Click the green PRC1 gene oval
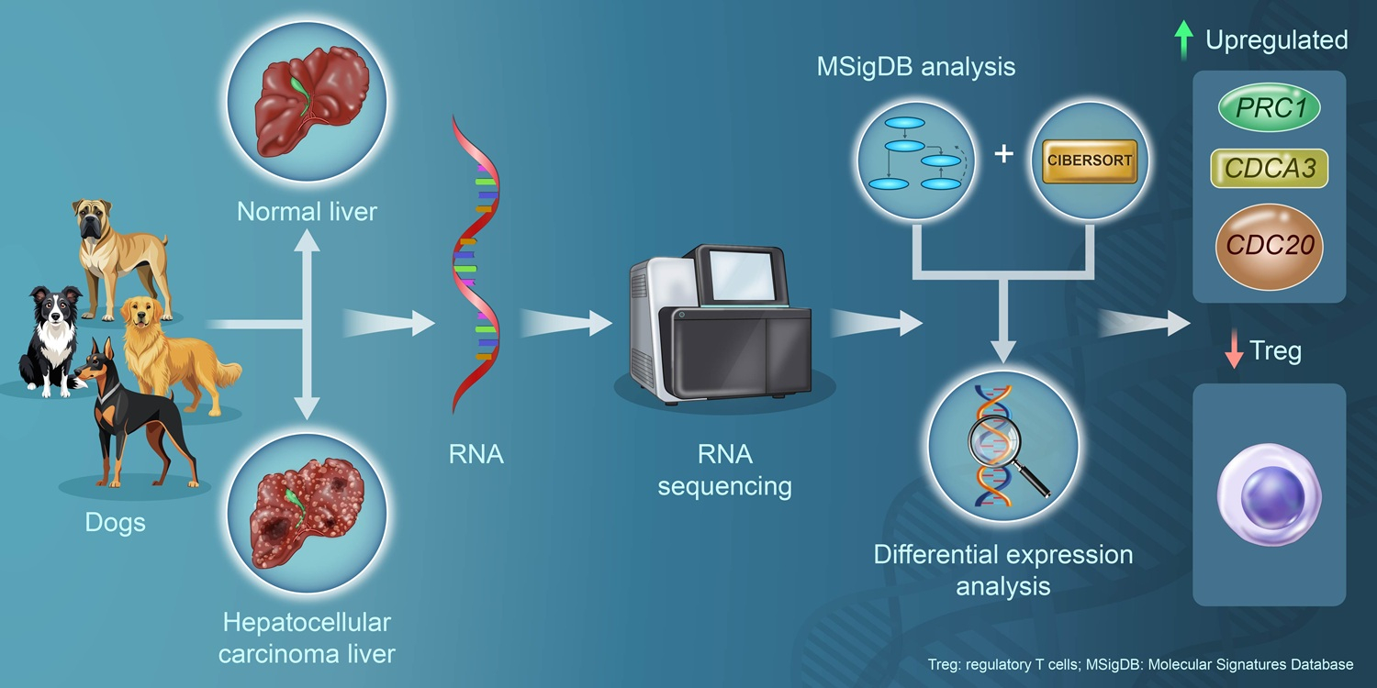coord(1269,108)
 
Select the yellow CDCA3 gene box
coord(1269,169)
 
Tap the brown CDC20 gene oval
coord(1269,245)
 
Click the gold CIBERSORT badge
coord(1090,160)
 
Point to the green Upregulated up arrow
coord(1184,40)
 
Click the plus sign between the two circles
coord(1004,154)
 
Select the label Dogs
coord(115,523)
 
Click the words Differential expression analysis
coord(1002,570)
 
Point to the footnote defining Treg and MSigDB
coord(1141,665)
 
